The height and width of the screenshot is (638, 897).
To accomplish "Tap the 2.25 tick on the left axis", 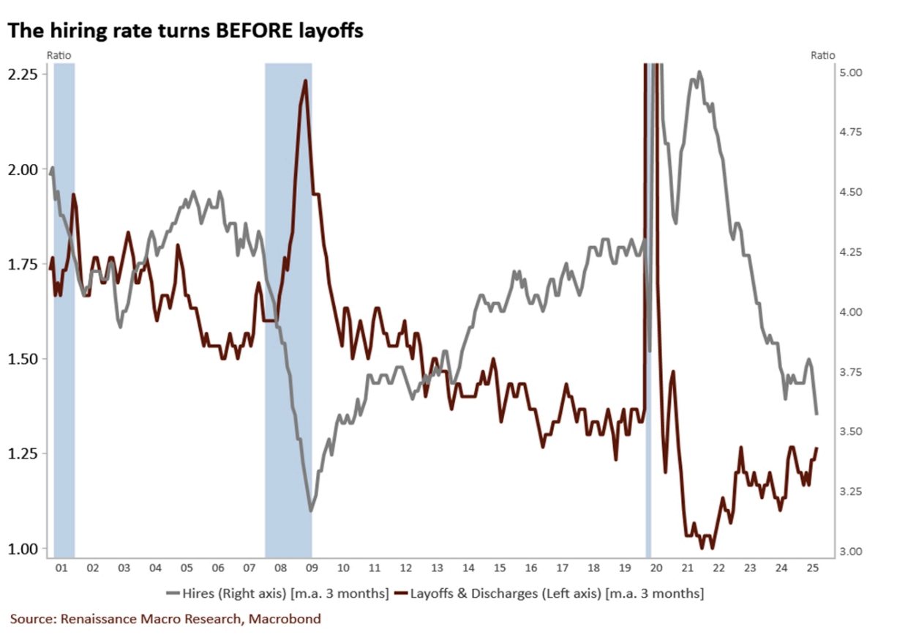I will click(x=25, y=75).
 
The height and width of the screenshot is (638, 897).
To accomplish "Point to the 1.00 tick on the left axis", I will click(x=25, y=549).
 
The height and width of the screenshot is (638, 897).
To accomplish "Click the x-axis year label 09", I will click(x=312, y=568).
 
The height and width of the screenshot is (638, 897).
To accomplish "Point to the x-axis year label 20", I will click(x=656, y=568).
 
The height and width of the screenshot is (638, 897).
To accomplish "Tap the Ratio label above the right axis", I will click(x=823, y=55).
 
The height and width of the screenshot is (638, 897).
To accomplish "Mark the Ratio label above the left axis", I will click(x=59, y=55).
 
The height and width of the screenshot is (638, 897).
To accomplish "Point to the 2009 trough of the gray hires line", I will click(x=311, y=510).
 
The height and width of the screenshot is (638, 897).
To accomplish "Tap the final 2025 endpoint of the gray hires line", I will click(x=817, y=414).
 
